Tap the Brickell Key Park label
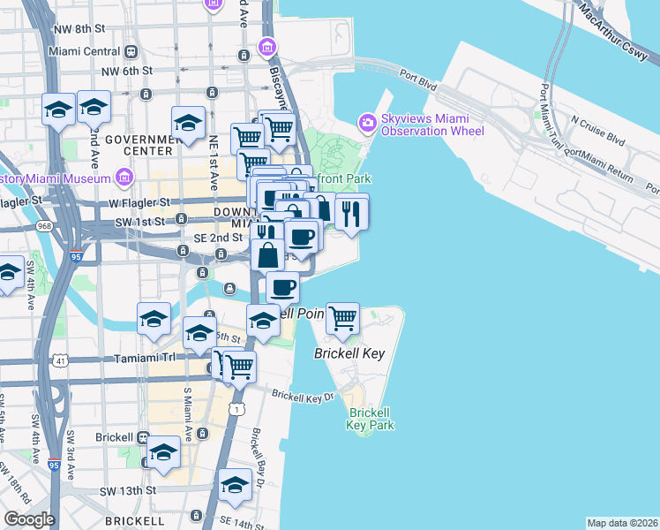pos(370,419)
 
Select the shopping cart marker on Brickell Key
pos(342,318)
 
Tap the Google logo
pos(29,519)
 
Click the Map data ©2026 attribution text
pos(622,523)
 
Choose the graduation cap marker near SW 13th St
pos(236,485)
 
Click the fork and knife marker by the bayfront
pos(351,211)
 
